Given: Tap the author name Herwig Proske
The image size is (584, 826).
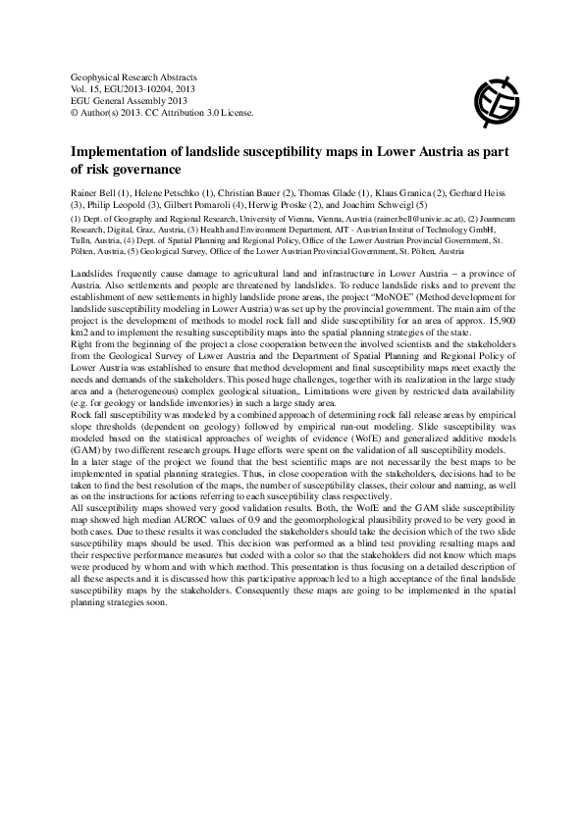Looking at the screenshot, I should click(x=271, y=206).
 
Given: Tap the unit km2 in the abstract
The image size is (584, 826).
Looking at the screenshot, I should click(x=83, y=326).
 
